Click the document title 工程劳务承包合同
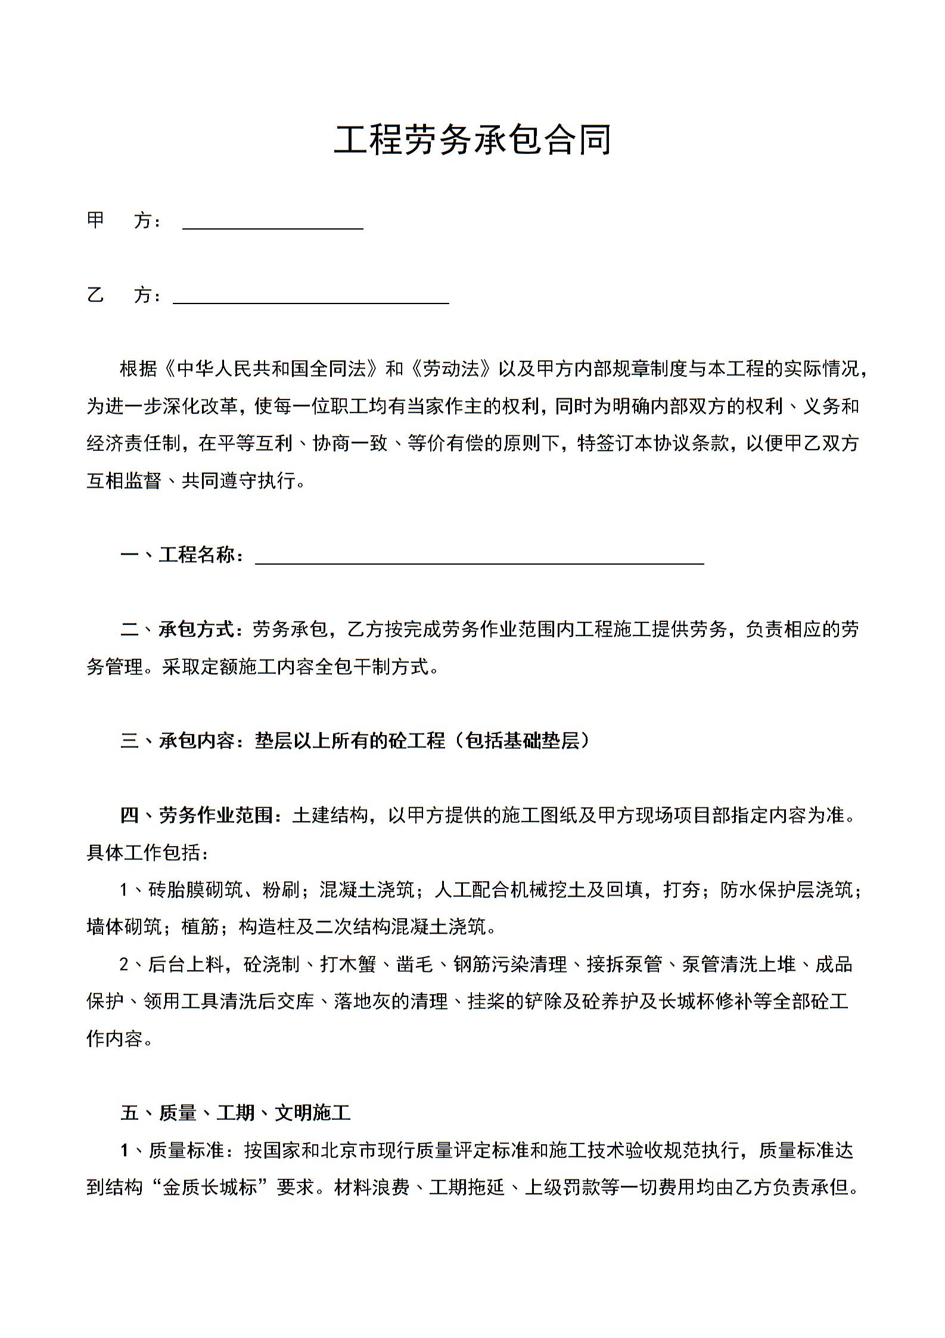pos(472,141)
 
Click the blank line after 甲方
pos(272,223)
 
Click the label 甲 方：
pos(124,221)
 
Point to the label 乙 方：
pos(124,295)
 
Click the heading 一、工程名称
pos(182,555)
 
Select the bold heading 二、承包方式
pos(182,629)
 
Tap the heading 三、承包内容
pos(182,741)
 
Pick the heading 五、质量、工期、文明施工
pos(235,1112)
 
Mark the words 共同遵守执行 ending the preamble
pos(238,481)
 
